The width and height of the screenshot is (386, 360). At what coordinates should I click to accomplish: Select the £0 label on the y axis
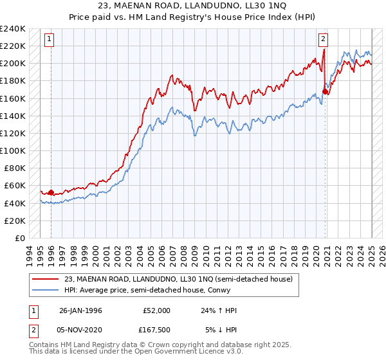point(21,238)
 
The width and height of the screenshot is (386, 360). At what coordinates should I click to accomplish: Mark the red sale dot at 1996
point(50,192)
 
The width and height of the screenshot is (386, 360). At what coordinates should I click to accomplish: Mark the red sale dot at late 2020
point(326,91)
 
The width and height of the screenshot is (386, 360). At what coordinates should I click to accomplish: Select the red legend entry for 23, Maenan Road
point(178,279)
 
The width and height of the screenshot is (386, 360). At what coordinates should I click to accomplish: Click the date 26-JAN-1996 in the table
point(80,310)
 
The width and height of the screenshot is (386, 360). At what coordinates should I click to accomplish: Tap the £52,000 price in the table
point(156,310)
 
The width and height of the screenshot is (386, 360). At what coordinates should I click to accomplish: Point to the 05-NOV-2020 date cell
point(80,330)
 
